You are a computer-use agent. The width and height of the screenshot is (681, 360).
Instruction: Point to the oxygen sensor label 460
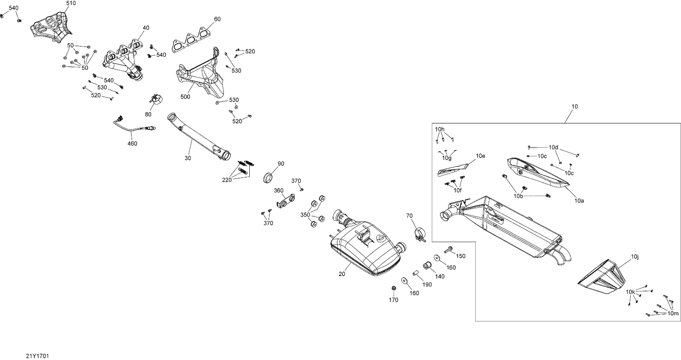click(x=132, y=144)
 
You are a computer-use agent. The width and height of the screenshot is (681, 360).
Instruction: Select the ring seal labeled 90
click(x=269, y=177)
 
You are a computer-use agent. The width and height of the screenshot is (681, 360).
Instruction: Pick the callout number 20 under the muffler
click(x=342, y=274)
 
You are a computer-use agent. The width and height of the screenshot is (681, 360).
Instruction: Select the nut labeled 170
click(x=394, y=288)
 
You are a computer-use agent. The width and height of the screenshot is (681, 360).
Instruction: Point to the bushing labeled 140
click(x=427, y=265)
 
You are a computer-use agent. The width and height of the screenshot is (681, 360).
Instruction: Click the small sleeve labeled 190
click(x=415, y=274)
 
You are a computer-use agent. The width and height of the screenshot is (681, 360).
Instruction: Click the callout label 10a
click(x=578, y=200)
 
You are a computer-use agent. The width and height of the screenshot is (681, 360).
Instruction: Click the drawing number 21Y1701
click(x=37, y=356)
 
